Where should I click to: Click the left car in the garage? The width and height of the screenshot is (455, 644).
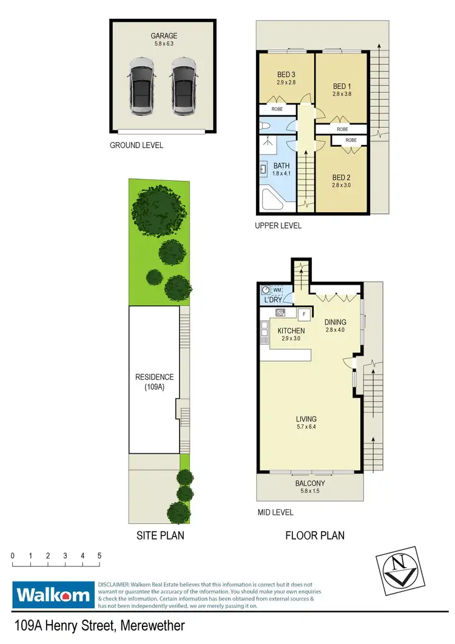pos(141,86)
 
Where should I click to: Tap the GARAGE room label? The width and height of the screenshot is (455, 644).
pos(162,36)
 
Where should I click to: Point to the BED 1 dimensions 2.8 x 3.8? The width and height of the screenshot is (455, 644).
pos(342,94)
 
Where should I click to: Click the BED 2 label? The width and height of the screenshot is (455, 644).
pos(341,177)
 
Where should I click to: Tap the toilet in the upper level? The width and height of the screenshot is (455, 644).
pos(265,126)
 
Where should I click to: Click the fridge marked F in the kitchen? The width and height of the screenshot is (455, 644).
pos(304,314)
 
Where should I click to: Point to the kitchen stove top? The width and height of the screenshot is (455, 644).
pos(280,313)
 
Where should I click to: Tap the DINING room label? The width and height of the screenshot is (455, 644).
pos(335,322)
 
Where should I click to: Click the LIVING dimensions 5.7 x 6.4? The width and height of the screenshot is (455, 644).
pos(306,428)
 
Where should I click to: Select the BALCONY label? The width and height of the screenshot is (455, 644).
pos(310,484)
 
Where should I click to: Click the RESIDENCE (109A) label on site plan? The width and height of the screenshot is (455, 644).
pos(154,381)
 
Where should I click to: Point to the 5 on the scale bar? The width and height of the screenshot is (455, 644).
pos(99,556)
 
